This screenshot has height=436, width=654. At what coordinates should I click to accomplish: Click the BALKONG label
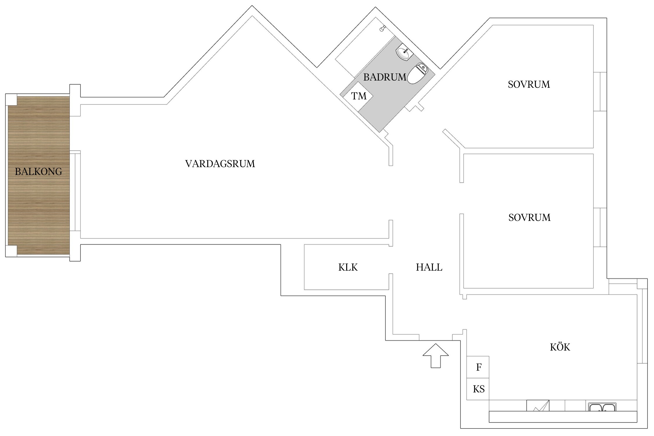pyautogui.click(x=38, y=171)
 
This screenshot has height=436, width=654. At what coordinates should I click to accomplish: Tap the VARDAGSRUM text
pyautogui.click(x=220, y=164)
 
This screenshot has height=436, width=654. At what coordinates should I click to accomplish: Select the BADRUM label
pyautogui.click(x=385, y=77)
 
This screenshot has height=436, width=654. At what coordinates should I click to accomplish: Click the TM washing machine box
pyautogui.click(x=359, y=96)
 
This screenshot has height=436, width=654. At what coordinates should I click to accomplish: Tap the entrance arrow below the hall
pyautogui.click(x=435, y=356)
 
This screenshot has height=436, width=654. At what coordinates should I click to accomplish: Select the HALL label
pyautogui.click(x=429, y=267)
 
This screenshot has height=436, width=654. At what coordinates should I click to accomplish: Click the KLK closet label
pyautogui.click(x=348, y=267)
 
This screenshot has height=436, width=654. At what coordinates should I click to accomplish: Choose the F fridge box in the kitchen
pyautogui.click(x=478, y=367)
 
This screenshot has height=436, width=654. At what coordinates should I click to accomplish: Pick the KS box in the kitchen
pyautogui.click(x=478, y=389)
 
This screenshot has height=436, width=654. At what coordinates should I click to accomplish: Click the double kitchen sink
pyautogui.click(x=602, y=407)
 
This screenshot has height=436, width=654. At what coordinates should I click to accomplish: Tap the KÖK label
pyautogui.click(x=560, y=347)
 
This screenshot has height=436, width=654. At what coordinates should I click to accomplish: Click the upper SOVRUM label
pyautogui.click(x=529, y=85)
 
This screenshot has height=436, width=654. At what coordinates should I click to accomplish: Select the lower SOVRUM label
pyautogui.click(x=529, y=217)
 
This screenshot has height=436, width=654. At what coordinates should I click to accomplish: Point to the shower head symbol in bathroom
pyautogui.click(x=383, y=28)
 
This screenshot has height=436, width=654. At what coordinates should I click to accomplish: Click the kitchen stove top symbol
pyautogui.click(x=538, y=406)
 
